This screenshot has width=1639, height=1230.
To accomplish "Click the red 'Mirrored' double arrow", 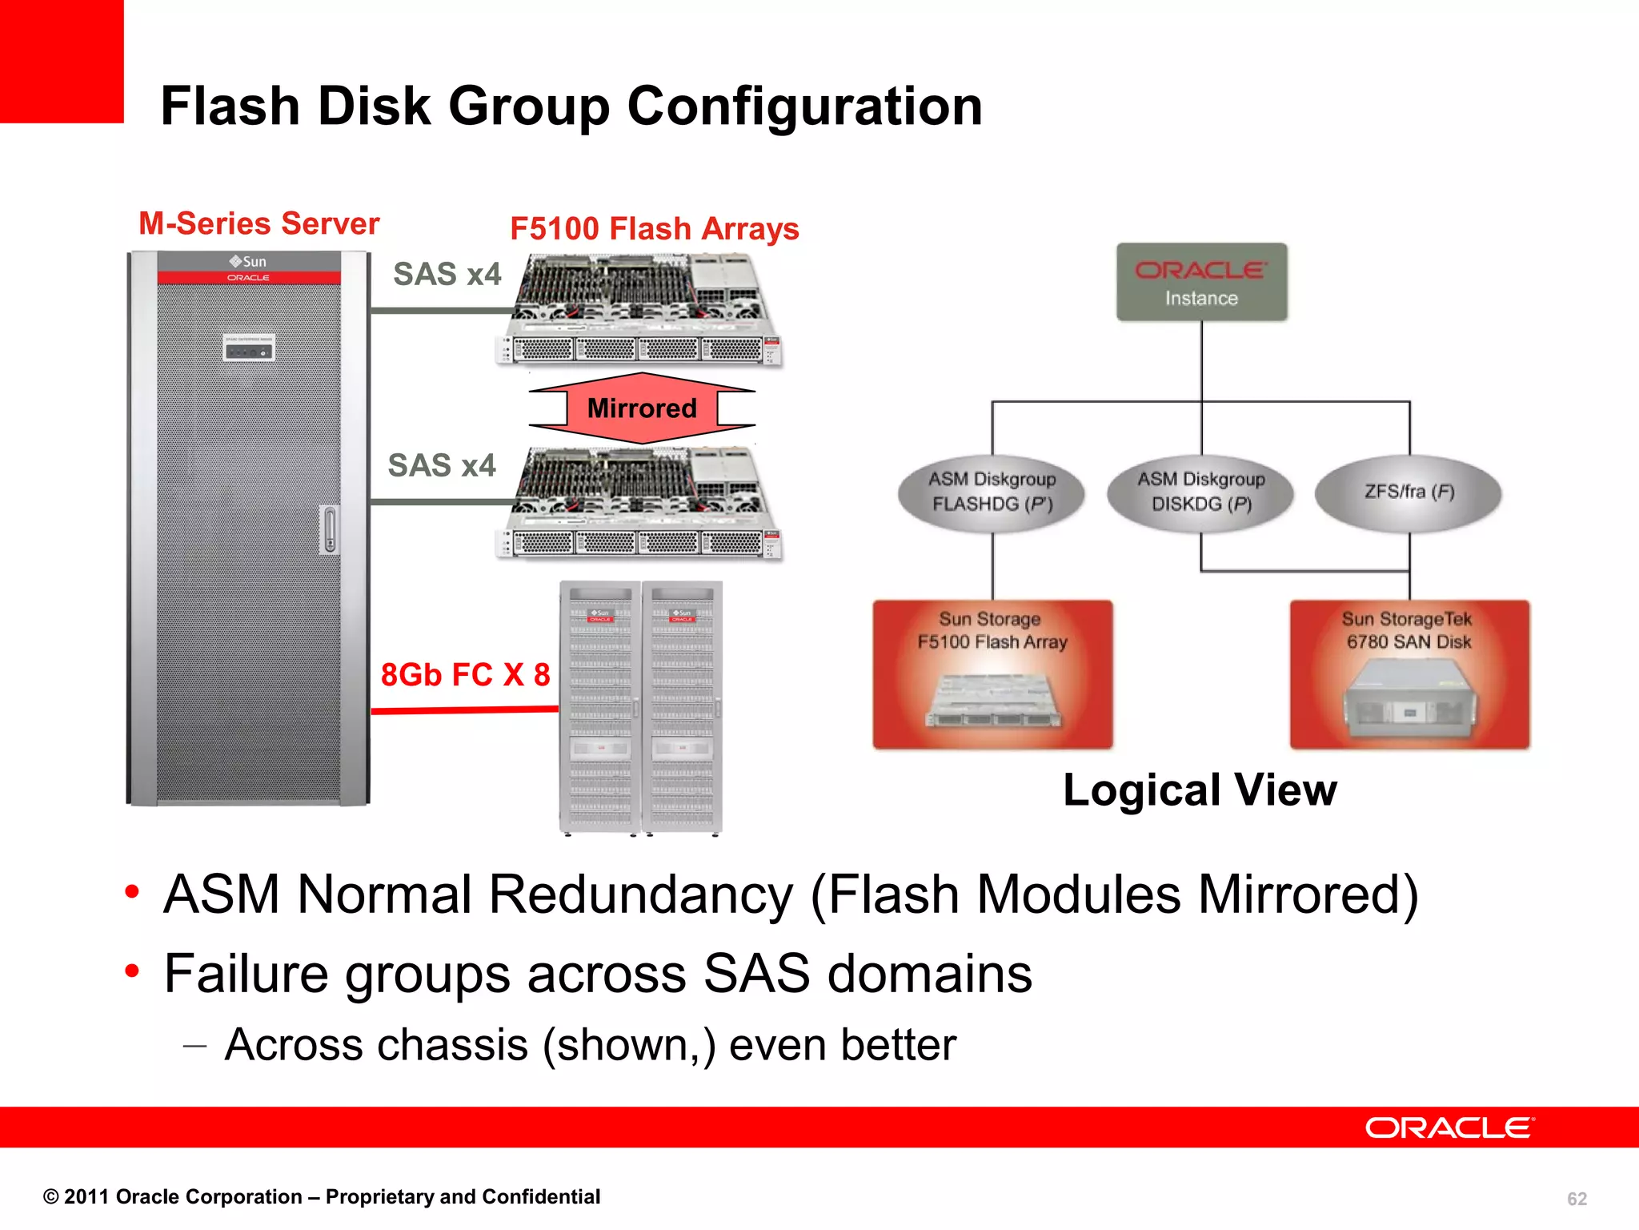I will click(642, 408).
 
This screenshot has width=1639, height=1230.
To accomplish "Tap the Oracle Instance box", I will click(1201, 282).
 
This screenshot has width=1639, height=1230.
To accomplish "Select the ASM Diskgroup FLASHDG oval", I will click(992, 492).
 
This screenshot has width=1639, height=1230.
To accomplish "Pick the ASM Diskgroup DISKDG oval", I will click(1200, 492).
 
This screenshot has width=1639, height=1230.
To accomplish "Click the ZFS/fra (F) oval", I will click(1409, 492).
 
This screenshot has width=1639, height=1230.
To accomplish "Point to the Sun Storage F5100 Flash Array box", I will click(992, 674).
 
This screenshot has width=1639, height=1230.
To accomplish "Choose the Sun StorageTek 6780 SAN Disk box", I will click(1409, 674).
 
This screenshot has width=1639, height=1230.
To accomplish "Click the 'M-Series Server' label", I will click(258, 223).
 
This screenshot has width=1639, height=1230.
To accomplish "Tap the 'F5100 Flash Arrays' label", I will click(654, 229).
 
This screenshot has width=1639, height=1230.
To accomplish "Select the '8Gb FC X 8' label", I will click(465, 675).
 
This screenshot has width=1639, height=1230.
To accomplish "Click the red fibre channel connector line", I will click(464, 709).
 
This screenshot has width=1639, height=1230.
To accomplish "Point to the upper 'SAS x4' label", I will click(447, 275).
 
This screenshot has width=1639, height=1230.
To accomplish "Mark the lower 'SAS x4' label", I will click(442, 465).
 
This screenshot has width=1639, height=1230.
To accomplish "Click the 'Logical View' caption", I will click(1200, 790).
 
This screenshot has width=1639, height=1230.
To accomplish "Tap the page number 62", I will click(1577, 1199).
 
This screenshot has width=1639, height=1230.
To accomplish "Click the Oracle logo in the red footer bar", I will click(1449, 1128).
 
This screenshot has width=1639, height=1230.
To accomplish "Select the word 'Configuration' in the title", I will click(804, 107).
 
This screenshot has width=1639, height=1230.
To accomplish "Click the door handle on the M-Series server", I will click(329, 529).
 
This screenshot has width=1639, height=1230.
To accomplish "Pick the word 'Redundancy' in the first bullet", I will click(640, 894).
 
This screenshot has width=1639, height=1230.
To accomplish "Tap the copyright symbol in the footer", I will click(51, 1197).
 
